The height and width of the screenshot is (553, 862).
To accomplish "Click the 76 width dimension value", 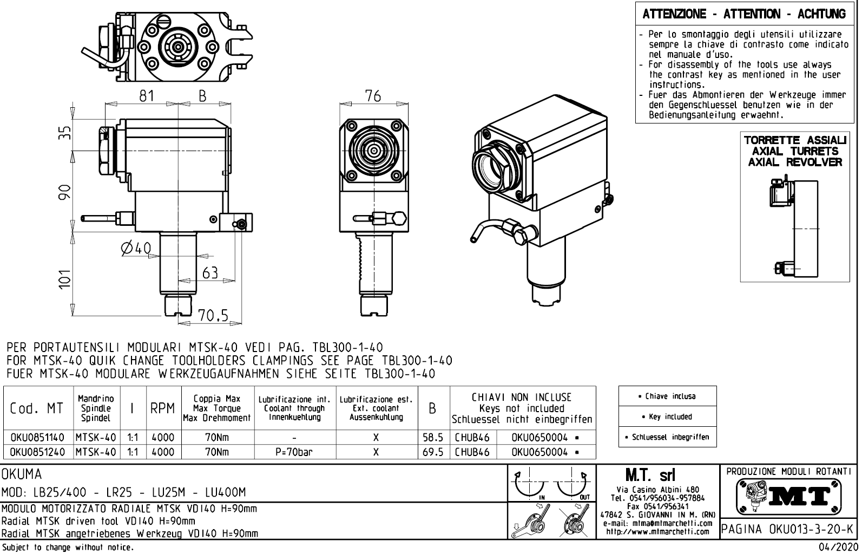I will coord(373,96).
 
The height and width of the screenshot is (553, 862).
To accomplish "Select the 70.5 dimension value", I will coord(213,316).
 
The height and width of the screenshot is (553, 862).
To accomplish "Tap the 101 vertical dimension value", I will coord(65,279).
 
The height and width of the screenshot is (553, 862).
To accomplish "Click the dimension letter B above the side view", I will coord(202,96).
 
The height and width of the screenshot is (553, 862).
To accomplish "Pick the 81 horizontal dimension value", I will coord(147,96).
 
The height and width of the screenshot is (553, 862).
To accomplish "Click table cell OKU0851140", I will coord(37,437).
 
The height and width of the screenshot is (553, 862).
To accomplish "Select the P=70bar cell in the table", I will coord(294,452).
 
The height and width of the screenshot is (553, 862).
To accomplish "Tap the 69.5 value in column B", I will coord(433,452).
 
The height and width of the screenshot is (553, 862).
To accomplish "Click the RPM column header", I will coord(162,408).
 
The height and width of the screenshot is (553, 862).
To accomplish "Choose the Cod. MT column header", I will coord(37,408).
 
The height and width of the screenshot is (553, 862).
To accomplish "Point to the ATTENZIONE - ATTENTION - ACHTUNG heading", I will coord(744,14).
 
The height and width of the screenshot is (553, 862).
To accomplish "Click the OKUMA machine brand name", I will coord(22,474).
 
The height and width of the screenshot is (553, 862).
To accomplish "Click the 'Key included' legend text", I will coord(667,417).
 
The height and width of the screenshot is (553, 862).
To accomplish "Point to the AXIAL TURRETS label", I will coord(795,151).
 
